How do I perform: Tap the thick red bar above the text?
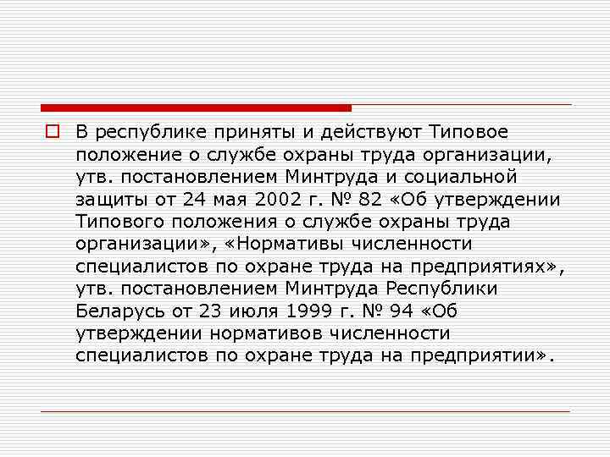[x=196, y=108]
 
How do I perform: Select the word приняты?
[x=233, y=133]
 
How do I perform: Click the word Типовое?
[x=469, y=133]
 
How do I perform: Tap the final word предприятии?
[x=479, y=355]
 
